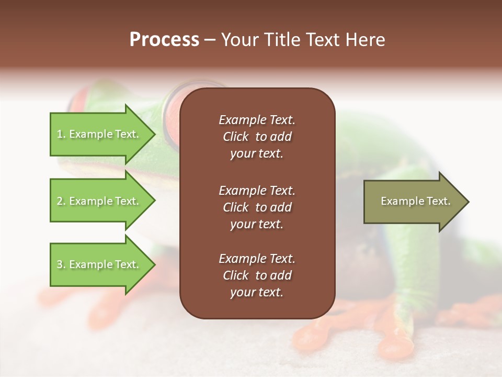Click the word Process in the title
(x=164, y=40)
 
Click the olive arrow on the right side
(x=413, y=202)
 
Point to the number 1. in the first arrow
(x=61, y=134)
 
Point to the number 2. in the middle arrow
(x=61, y=201)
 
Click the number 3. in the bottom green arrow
(x=61, y=264)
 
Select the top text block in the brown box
(x=257, y=137)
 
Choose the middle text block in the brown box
(x=257, y=207)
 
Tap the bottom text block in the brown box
(x=257, y=275)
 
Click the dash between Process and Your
(x=210, y=40)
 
